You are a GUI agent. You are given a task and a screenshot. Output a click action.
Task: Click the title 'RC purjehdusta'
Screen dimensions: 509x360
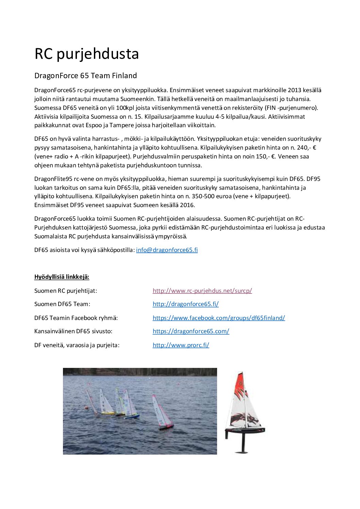86,54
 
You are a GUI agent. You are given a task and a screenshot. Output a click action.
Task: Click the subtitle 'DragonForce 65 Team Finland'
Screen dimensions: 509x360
85,75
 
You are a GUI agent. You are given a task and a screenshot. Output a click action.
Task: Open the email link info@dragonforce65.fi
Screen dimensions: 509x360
167,250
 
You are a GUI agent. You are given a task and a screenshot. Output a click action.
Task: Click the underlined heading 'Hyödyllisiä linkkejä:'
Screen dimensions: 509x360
62,277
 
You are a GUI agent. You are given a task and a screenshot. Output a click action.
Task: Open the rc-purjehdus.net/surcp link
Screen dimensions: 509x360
202,291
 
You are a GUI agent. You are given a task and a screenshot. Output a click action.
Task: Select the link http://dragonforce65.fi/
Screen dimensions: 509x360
185,304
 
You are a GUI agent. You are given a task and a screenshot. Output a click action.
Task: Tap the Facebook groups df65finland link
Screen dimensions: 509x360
218,318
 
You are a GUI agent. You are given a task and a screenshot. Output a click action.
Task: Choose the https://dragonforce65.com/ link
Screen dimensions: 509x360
191,331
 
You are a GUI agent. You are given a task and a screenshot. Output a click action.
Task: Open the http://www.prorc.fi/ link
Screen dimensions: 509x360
181,345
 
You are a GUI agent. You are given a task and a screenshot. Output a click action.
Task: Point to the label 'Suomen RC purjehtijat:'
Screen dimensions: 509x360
66,291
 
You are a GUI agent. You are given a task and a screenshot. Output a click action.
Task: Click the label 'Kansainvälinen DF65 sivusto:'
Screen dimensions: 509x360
73,331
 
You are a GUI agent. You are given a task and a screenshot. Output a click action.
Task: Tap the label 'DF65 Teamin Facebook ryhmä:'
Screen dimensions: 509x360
76,318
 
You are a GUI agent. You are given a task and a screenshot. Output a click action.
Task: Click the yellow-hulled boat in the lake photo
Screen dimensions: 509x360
107,413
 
